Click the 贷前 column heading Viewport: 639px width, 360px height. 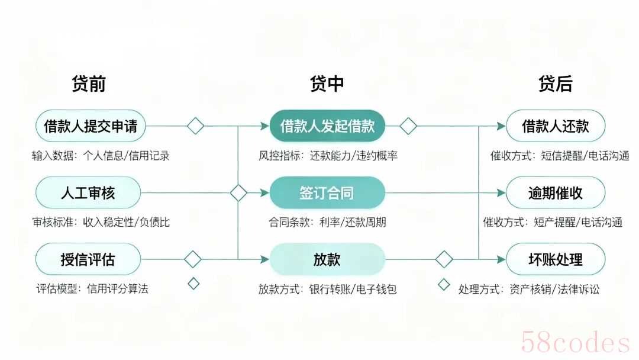pyautogui.click(x=89, y=83)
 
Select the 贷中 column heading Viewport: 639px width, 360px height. pyautogui.click(x=327, y=83)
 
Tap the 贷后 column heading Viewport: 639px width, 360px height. pyautogui.click(x=556, y=83)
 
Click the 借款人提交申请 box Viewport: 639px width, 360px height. pyautogui.click(x=91, y=126)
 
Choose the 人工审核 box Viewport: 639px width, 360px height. pyautogui.click(x=88, y=192)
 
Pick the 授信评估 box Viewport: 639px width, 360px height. pyautogui.click(x=88, y=259)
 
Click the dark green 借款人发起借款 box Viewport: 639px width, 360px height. pyautogui.click(x=327, y=126)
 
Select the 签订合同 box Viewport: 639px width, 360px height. pyautogui.click(x=327, y=192)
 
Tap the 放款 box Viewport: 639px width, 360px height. pyautogui.click(x=327, y=259)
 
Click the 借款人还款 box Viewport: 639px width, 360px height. pyautogui.click(x=556, y=126)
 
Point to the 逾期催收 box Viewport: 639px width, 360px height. pyautogui.click(x=556, y=192)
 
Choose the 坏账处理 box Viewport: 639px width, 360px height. pyautogui.click(x=556, y=259)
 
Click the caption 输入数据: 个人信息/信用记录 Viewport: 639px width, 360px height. pyautogui.click(x=101, y=156)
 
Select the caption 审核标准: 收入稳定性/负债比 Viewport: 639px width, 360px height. pyautogui.click(x=101, y=222)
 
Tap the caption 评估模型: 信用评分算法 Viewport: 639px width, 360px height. pyautogui.click(x=92, y=289)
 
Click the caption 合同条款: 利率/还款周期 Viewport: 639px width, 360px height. pyautogui.click(x=327, y=222)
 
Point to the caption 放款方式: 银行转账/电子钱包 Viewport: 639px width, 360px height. pyautogui.click(x=327, y=289)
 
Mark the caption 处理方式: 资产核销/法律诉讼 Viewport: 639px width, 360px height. pyautogui.click(x=529, y=289)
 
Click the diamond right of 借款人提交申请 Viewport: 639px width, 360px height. pyautogui.click(x=195, y=126)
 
